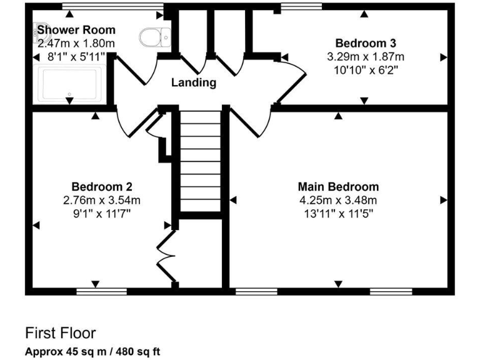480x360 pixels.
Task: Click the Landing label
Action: (194, 82)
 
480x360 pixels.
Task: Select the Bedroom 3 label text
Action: (365, 43)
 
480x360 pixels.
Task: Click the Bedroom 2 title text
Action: (101, 187)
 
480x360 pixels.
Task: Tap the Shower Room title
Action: (76, 29)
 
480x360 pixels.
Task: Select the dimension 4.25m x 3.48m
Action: (338, 200)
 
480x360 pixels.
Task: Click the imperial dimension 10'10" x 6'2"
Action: (365, 69)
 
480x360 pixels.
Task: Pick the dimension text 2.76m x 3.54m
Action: (101, 200)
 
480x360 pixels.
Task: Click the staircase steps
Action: (201, 162)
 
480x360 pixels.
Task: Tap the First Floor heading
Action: (61, 332)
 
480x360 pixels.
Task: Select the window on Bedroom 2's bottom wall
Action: (101, 291)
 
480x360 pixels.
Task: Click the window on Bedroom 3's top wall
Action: (301, 7)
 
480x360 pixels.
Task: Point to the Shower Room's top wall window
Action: (112, 7)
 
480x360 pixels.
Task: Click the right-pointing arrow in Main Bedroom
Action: (444, 200)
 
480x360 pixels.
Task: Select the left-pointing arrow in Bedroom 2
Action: (36, 225)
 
